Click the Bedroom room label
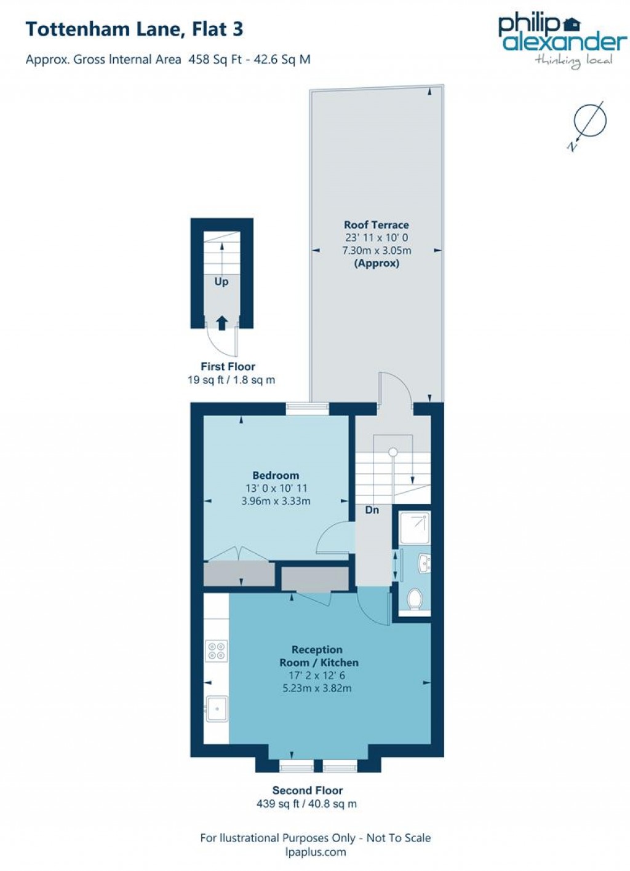276,475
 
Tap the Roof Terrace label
376,225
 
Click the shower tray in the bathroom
414,528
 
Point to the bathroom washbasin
424,562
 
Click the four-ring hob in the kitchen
217,651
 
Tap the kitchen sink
217,709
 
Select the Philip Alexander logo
561,39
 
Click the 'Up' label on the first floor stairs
221,282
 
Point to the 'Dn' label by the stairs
372,510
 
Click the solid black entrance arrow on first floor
222,323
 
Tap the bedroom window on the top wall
308,408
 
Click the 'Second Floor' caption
307,790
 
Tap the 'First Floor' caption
228,366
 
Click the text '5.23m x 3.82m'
317,688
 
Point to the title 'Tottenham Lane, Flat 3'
134,29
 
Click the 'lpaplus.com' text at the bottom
315,852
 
